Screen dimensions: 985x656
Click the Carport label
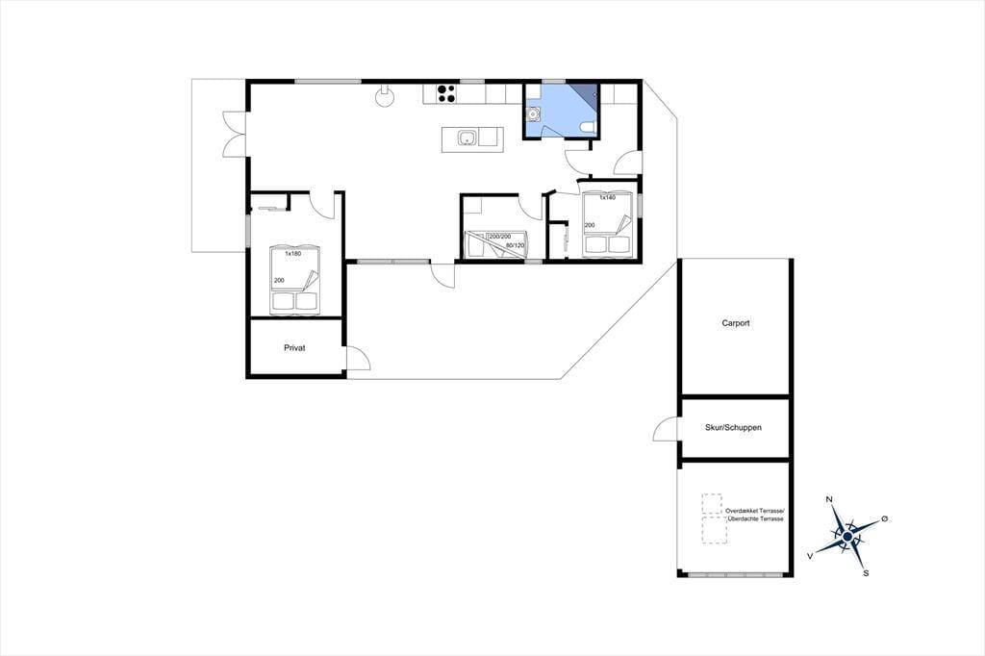pos(736,323)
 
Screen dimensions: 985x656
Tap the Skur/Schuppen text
pos(733,427)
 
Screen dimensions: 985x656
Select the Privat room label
pos(294,347)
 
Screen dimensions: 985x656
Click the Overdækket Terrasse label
pos(755,511)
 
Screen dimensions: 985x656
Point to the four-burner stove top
pos(446,93)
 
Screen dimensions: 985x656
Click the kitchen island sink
pos(467,138)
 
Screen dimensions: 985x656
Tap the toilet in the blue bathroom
pos(589,128)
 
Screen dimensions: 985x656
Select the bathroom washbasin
pos(533,114)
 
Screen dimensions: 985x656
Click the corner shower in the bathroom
pos(584,93)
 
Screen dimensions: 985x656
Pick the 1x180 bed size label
pos(292,254)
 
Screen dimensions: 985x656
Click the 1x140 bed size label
pos(607,197)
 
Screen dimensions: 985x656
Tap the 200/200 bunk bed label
pos(500,237)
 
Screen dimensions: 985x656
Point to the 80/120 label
pos(515,245)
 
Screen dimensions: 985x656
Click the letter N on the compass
pos(829,499)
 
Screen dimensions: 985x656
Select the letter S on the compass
pos(867,573)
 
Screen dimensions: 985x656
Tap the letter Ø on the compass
pos(885,518)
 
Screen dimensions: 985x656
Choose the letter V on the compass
pos(810,555)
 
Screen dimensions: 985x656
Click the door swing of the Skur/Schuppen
pos(666,429)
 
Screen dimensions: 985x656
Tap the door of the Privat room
pos(358,358)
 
